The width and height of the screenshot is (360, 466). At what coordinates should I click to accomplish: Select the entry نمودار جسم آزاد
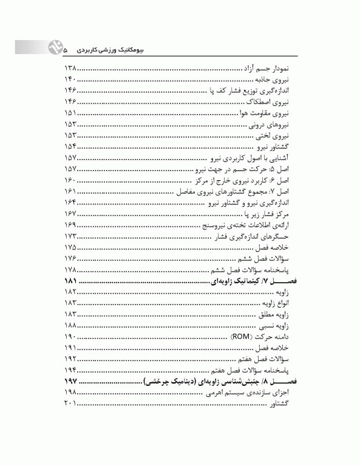pos(270,70)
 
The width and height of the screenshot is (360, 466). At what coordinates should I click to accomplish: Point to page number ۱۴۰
pos(71,81)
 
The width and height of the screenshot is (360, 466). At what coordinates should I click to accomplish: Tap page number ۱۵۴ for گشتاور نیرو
pos(71,147)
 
